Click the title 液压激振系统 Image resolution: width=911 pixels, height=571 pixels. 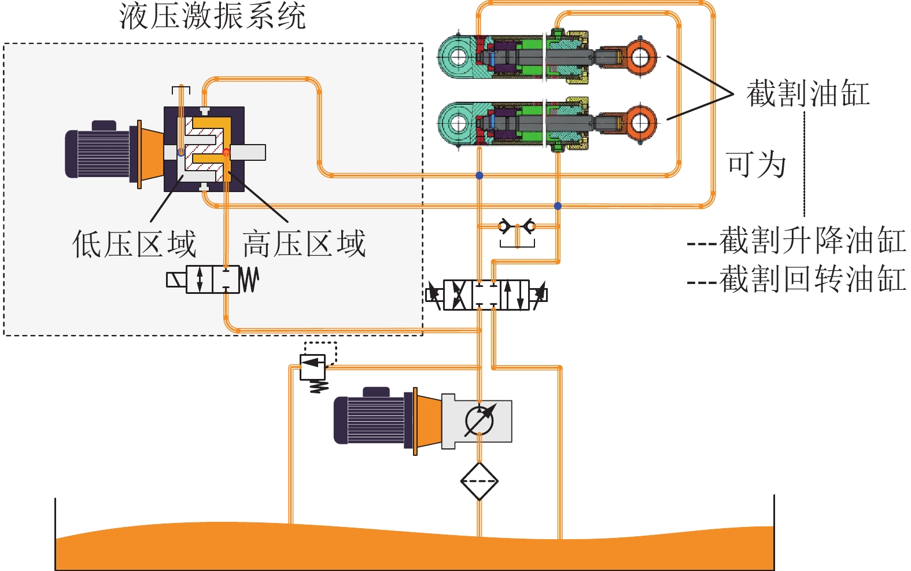pyautogui.click(x=212, y=16)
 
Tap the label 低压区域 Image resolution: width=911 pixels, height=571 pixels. pyautogui.click(x=134, y=244)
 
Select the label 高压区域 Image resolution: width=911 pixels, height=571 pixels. pyautogui.click(x=304, y=244)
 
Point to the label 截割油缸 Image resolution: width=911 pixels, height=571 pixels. pyautogui.click(x=808, y=94)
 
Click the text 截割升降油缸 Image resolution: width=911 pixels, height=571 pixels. pyautogui.click(x=812, y=241)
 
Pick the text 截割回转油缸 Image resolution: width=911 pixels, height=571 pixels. pyautogui.click(x=812, y=279)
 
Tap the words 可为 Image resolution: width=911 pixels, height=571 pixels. pyautogui.click(x=756, y=164)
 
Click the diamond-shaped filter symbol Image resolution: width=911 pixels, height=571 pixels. pyautogui.click(x=480, y=481)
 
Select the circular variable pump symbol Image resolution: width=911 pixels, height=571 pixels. pyautogui.click(x=480, y=421)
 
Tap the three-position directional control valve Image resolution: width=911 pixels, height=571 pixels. pyautogui.click(x=486, y=294)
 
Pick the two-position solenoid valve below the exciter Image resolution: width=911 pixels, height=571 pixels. pyautogui.click(x=212, y=280)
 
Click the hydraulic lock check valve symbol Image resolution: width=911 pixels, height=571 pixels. pyautogui.click(x=517, y=227)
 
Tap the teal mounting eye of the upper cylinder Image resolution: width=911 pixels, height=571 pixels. pyautogui.click(x=458, y=57)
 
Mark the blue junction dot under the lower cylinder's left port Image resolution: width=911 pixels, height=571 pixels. pyautogui.click(x=479, y=175)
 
